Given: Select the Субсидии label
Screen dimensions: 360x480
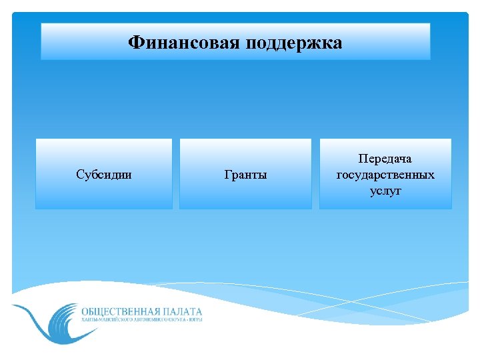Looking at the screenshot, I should (103, 175).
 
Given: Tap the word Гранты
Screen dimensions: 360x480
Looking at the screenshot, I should (245, 175).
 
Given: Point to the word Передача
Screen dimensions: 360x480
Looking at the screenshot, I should (385, 159).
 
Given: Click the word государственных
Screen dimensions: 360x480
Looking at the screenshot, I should (385, 175).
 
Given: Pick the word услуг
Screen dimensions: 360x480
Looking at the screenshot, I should (385, 191).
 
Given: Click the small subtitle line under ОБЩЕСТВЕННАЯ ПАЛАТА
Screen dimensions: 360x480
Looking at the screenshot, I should (141, 320).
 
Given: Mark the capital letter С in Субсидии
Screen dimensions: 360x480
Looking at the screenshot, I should (79, 175).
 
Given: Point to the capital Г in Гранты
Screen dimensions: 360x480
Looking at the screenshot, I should (228, 175).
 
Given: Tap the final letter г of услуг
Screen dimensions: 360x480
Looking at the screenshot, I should (399, 191).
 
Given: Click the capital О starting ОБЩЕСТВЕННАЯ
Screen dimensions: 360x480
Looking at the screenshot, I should (84, 311).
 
